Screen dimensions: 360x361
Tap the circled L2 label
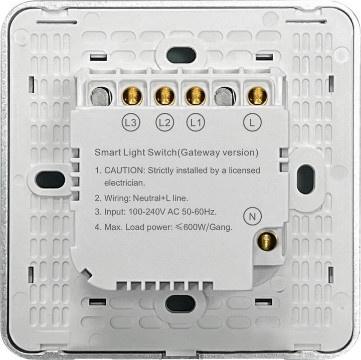(164, 121)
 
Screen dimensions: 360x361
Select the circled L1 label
(196, 121)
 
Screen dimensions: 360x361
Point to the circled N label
(252, 217)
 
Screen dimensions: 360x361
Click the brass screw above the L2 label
(164, 96)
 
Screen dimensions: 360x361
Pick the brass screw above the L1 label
(196, 96)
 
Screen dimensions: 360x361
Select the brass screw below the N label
(268, 242)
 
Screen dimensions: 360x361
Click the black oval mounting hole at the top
(181, 55)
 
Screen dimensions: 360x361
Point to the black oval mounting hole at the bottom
(180, 303)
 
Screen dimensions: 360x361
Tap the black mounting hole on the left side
(51, 179)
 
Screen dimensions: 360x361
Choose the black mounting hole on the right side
(305, 179)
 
